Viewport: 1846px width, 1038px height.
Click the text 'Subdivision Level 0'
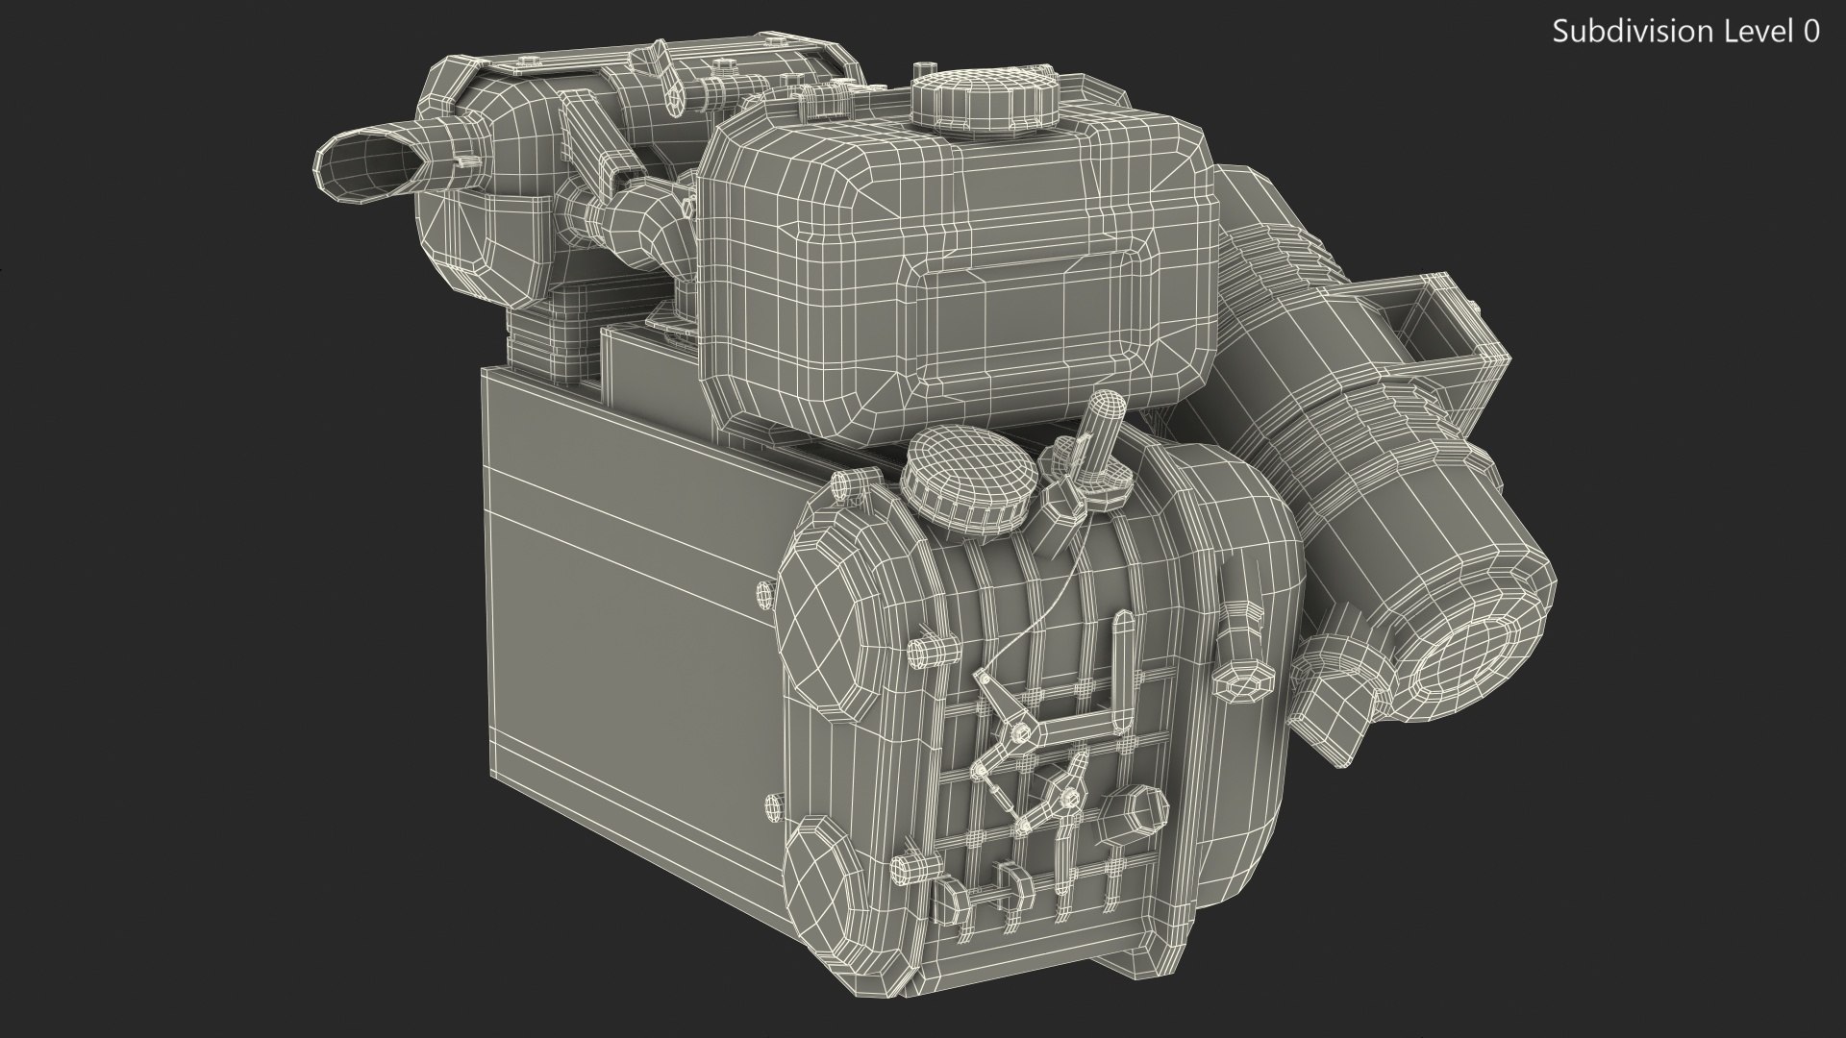click(x=1685, y=32)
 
